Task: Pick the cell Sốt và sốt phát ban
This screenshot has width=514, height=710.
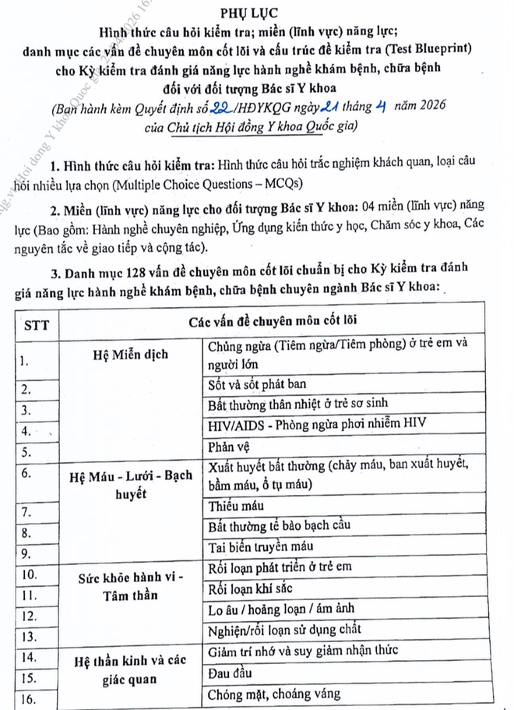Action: pyautogui.click(x=257, y=384)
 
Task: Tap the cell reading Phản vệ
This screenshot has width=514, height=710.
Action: pyautogui.click(x=231, y=447)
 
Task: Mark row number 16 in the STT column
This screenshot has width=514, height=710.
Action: pyautogui.click(x=30, y=699)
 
